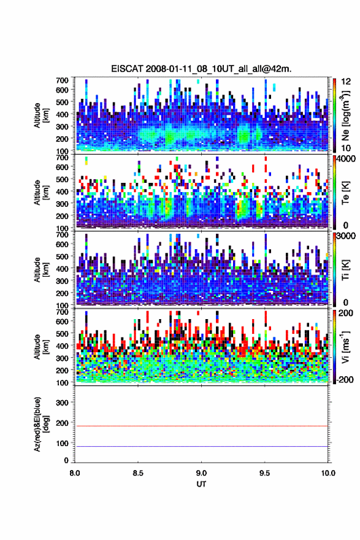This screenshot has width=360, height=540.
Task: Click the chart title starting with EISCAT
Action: (201, 69)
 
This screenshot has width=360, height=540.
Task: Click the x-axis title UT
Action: (201, 484)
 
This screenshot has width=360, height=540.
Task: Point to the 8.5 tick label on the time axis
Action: (138, 473)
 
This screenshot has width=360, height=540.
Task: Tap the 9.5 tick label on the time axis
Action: (265, 473)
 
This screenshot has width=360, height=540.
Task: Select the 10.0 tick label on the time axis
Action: (328, 473)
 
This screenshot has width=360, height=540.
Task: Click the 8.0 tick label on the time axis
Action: (75, 473)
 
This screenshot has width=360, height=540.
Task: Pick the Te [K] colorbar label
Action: (345, 193)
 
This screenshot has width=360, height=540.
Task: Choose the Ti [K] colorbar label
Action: (345, 270)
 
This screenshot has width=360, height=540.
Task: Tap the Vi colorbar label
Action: (345, 346)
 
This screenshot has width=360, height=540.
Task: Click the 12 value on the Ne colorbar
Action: (347, 82)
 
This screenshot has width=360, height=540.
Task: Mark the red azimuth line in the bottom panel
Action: (201, 426)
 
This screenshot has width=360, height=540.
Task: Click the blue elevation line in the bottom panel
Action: (201, 446)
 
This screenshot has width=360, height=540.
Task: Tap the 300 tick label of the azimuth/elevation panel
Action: (63, 403)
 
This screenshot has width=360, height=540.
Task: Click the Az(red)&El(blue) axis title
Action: (41, 424)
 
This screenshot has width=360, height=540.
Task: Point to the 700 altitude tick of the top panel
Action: (63, 80)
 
